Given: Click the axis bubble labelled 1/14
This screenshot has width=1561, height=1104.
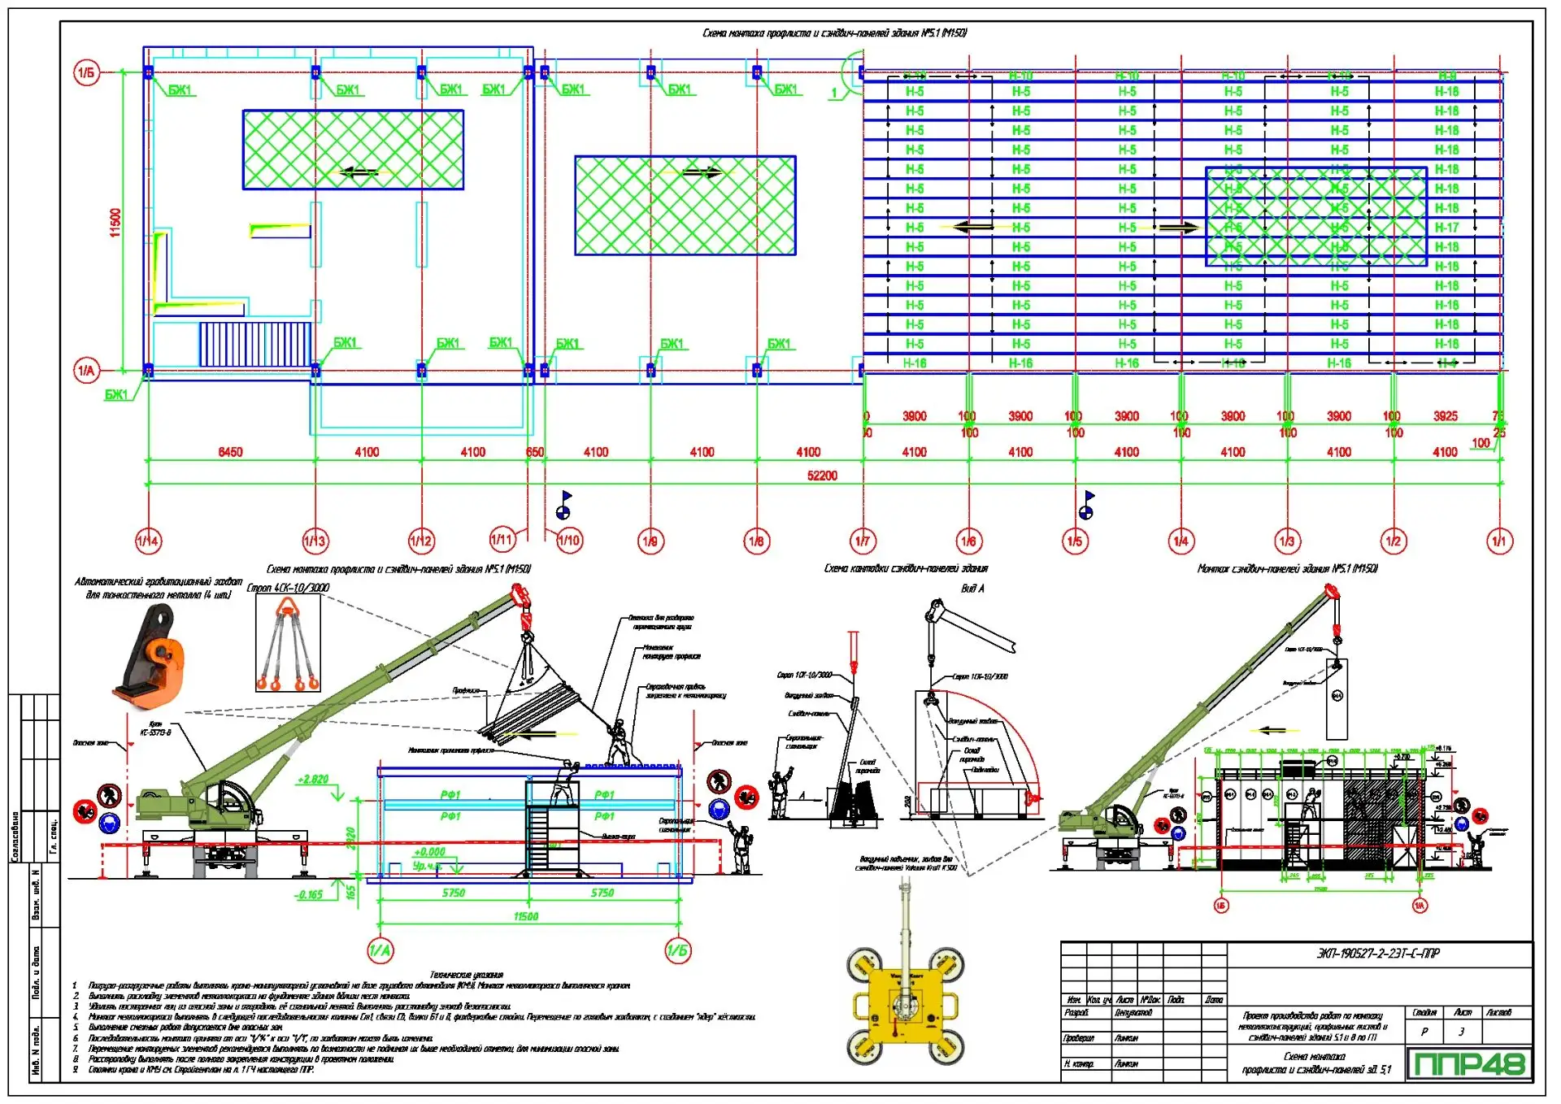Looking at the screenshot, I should [x=148, y=541].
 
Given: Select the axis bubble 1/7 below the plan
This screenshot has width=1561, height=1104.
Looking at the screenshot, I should [x=862, y=541].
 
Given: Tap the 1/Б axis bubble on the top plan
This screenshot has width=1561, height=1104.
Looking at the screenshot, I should [x=86, y=72].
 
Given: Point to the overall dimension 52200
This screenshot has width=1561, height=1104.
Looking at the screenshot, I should [x=822, y=476].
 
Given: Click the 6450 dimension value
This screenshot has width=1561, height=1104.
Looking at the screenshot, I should [x=230, y=452].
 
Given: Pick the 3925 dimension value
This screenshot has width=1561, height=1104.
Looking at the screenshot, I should [x=1445, y=416].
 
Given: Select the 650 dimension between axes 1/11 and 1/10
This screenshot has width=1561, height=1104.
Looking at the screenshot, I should [x=535, y=452].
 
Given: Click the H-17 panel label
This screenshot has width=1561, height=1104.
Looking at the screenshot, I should [x=1446, y=228].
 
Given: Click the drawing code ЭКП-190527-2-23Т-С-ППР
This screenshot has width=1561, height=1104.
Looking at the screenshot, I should [x=1378, y=954].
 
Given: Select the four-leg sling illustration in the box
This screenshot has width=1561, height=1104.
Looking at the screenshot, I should [x=287, y=644].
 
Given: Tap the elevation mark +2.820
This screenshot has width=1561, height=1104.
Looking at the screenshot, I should [x=313, y=780].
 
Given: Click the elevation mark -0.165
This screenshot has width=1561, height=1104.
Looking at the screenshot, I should [x=309, y=895].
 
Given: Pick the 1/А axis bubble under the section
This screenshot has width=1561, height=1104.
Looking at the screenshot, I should [x=380, y=950].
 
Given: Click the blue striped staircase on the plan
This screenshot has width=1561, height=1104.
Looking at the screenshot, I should [x=255, y=345].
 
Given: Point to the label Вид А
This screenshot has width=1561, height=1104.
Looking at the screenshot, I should [x=972, y=589].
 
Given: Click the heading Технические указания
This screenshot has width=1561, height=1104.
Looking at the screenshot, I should [x=466, y=975].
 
